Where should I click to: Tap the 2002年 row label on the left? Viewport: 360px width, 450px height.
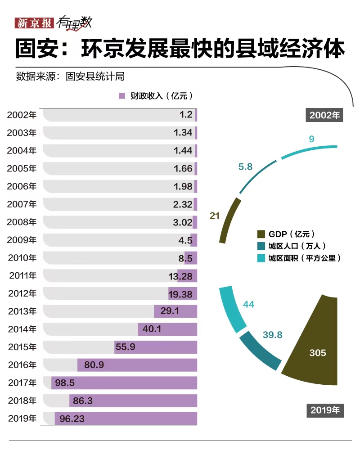[22, 115]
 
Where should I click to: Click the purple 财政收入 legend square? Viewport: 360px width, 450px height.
[121, 96]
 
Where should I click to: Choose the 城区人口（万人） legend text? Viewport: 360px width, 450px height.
[297, 246]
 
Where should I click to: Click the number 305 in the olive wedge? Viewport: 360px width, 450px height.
[318, 353]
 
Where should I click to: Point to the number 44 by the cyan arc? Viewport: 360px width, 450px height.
[248, 305]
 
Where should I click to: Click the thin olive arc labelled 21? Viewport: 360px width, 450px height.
[229, 219]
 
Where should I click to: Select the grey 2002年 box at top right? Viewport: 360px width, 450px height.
[324, 115]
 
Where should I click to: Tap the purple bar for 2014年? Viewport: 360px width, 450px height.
[167, 329]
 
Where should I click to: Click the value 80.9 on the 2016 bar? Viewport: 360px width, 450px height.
[94, 365]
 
